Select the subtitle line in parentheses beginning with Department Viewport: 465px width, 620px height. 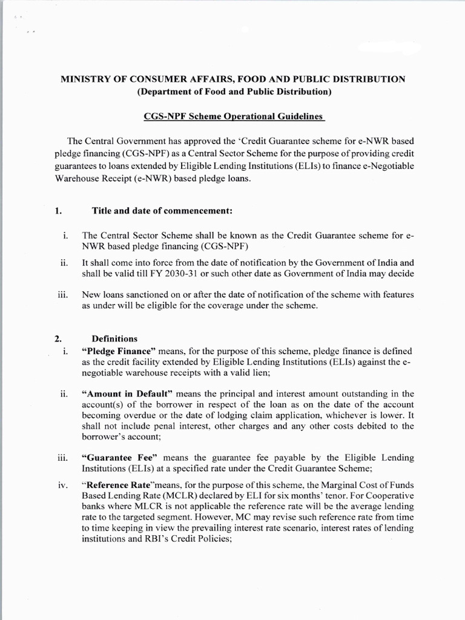233,92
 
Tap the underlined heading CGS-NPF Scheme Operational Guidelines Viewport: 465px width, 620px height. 233,116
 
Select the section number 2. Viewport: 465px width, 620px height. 59,338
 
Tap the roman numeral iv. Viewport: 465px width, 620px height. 64,485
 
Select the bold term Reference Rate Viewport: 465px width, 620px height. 120,485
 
